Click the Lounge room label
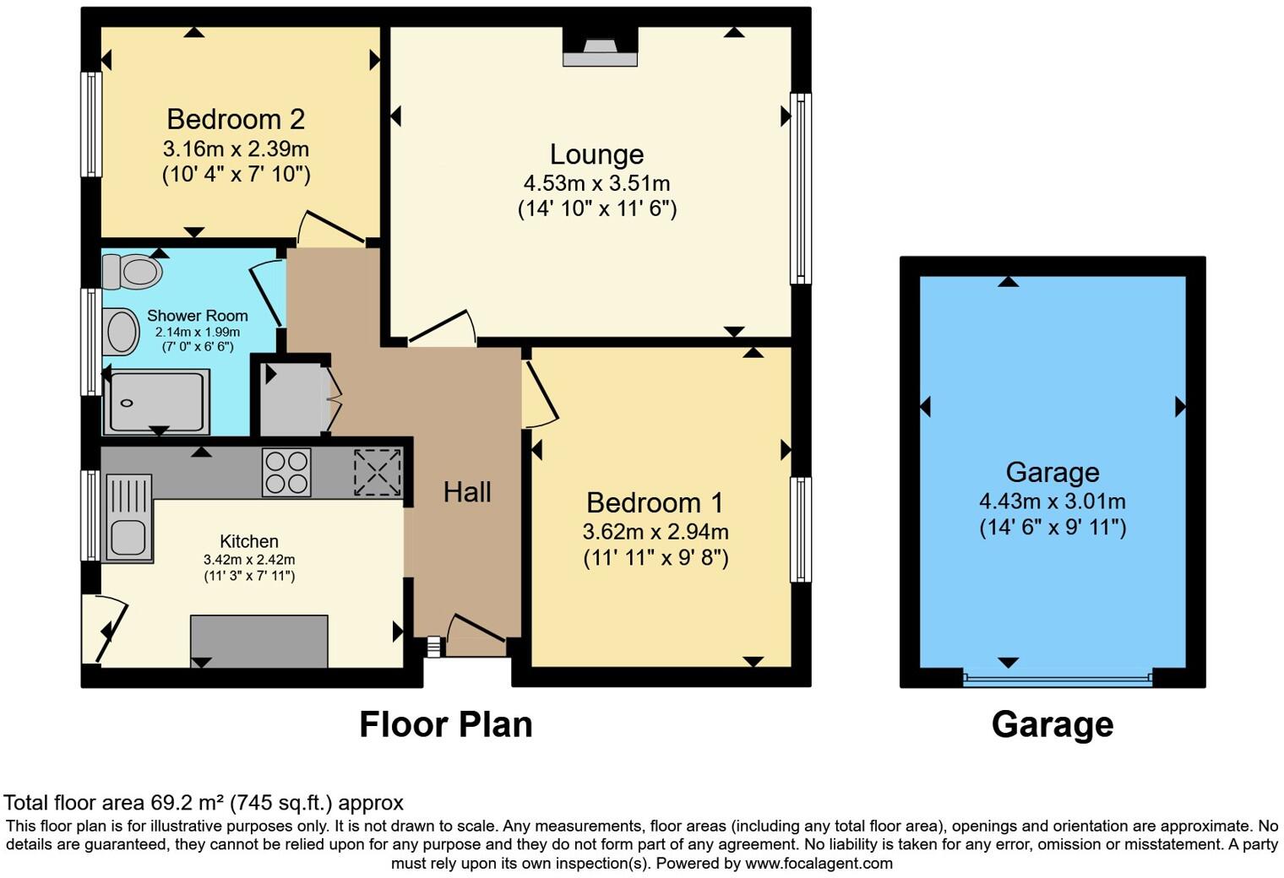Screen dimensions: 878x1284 596,154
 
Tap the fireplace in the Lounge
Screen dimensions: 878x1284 600,47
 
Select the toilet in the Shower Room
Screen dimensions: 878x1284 132,272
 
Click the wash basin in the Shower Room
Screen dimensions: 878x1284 122,332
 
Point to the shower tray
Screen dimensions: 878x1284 155,402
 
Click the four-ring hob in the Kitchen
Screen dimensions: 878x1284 286,472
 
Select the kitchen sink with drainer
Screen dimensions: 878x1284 128,518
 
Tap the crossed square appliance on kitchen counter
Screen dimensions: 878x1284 377,472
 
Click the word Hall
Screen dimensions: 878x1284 467,492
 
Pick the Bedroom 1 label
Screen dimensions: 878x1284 655,503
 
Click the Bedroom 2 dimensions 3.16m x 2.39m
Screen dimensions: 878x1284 236,149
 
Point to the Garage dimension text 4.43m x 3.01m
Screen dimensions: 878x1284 1052,501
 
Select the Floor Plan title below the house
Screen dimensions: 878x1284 445,724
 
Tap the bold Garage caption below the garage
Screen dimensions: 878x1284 1052,724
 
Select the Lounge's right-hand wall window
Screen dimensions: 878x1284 800,188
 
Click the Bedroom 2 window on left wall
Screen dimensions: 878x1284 90,124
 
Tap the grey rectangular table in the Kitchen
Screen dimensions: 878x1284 258,641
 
